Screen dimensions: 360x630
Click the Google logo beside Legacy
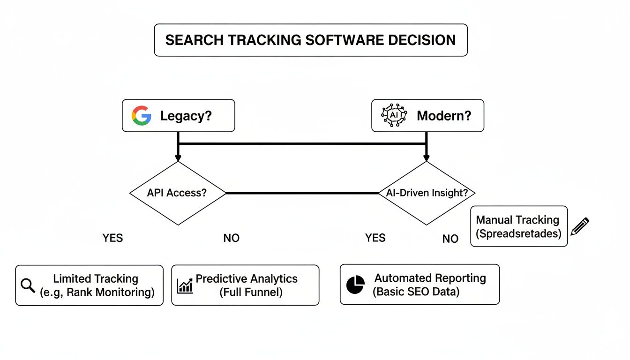[x=141, y=115]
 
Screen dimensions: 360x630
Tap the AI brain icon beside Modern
[x=394, y=115]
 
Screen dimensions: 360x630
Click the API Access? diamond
[x=178, y=193]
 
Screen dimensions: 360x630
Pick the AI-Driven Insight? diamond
[x=427, y=193]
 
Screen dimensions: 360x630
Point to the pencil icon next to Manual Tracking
[x=580, y=226]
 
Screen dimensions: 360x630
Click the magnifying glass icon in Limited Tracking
[x=29, y=285]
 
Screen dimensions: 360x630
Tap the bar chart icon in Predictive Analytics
[x=185, y=285]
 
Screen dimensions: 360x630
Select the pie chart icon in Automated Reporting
[x=355, y=285]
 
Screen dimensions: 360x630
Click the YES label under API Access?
[x=112, y=238]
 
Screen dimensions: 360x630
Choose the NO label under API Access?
[x=231, y=238]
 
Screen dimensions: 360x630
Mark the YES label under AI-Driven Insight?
[x=375, y=238]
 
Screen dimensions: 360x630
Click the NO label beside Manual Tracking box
[x=450, y=239]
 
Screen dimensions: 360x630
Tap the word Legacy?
[x=186, y=116]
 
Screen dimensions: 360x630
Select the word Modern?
[x=444, y=116]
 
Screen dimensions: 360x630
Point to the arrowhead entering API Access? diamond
[x=178, y=157]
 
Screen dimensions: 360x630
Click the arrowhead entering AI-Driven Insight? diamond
[x=427, y=157]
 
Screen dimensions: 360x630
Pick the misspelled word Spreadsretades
[x=518, y=233]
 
